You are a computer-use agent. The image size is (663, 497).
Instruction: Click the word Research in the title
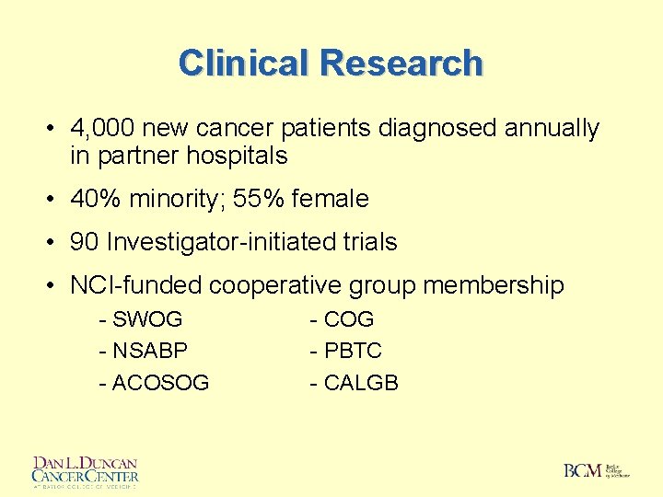point(401,64)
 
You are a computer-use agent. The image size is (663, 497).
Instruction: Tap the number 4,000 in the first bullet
point(102,129)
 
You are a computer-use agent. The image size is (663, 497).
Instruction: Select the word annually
point(552,129)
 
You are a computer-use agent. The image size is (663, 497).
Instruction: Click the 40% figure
point(93,199)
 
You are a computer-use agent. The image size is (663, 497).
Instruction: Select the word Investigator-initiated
point(232,242)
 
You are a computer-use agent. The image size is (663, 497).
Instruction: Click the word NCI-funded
point(135,285)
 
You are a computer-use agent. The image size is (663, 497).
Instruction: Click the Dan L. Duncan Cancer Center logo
point(85,471)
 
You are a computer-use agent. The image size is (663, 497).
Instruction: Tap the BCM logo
point(597,470)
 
